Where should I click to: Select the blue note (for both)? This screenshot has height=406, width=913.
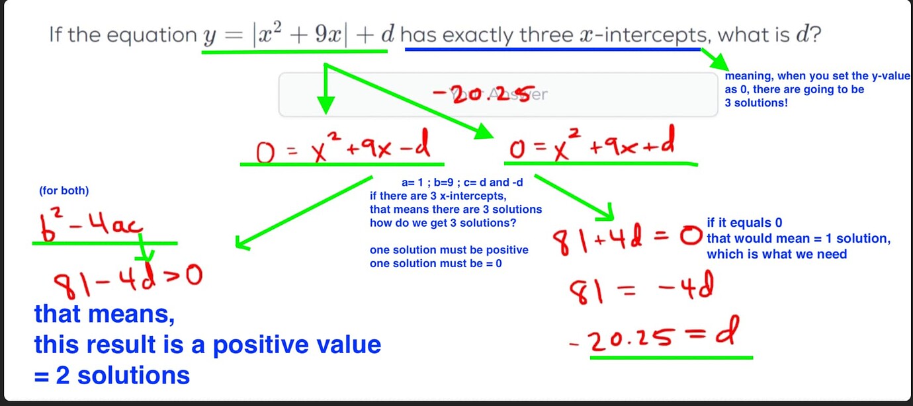coord(64,191)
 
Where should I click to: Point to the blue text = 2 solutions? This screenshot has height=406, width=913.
coord(112,376)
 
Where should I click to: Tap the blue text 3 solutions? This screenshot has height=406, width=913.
coord(756,103)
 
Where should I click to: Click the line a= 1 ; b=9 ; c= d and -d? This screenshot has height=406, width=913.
coord(462,183)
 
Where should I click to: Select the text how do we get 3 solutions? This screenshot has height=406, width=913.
coord(443,223)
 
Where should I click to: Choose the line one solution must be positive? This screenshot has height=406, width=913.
coord(449,250)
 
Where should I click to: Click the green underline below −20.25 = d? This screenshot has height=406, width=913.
coord(671,357)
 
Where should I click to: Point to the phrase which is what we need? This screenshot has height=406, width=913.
coord(777,254)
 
